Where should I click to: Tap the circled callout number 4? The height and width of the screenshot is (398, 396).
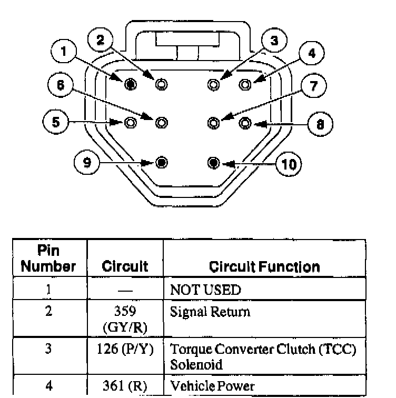click(x=312, y=53)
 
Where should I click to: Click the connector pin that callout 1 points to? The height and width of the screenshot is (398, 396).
click(x=130, y=84)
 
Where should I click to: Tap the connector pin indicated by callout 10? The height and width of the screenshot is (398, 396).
click(x=213, y=162)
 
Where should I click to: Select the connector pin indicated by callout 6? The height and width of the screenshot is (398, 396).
click(x=161, y=123)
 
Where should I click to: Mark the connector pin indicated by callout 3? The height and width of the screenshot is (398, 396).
click(x=213, y=84)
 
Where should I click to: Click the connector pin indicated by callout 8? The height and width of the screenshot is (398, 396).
click(x=245, y=123)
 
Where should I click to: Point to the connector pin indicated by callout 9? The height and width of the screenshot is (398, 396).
click(x=161, y=162)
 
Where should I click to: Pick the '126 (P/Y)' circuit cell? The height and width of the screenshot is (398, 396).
click(x=125, y=350)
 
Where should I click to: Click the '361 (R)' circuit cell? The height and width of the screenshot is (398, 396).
click(x=125, y=386)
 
